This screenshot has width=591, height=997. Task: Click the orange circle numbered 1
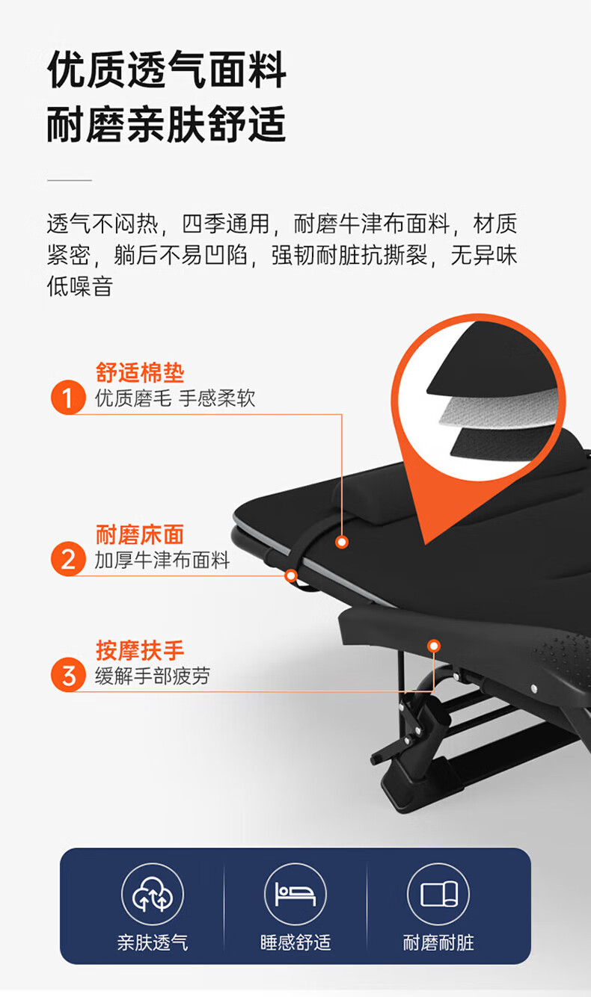pyautogui.click(x=68, y=397)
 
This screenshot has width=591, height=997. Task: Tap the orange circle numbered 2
pyautogui.click(x=68, y=558)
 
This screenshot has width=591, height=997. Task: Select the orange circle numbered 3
pyautogui.click(x=68, y=675)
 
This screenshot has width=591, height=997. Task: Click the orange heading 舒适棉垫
pyautogui.click(x=140, y=372)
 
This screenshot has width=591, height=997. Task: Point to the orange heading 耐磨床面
pyautogui.click(x=140, y=534)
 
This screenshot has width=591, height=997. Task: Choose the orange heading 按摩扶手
pyautogui.click(x=140, y=650)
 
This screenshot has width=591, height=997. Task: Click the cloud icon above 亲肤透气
pyautogui.click(x=153, y=894)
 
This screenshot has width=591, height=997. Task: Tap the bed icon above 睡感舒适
pyautogui.click(x=295, y=894)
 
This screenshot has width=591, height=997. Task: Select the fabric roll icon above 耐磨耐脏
pyautogui.click(x=438, y=894)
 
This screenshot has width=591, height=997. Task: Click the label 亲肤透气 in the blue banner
pyautogui.click(x=153, y=942)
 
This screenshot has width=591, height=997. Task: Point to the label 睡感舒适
pyautogui.click(x=295, y=942)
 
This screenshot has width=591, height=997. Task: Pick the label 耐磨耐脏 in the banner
pyautogui.click(x=438, y=942)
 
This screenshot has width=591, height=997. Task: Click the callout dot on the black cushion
pyautogui.click(x=342, y=542)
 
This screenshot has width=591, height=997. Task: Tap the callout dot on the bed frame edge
pyautogui.click(x=291, y=575)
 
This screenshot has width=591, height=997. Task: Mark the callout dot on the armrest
pyautogui.click(x=434, y=646)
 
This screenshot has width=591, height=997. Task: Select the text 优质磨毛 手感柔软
pyautogui.click(x=175, y=398)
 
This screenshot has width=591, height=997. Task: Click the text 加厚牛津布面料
pyautogui.click(x=162, y=560)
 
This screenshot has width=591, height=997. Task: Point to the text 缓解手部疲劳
pyautogui.click(x=153, y=676)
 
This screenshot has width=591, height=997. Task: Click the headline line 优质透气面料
pyautogui.click(x=167, y=70)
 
